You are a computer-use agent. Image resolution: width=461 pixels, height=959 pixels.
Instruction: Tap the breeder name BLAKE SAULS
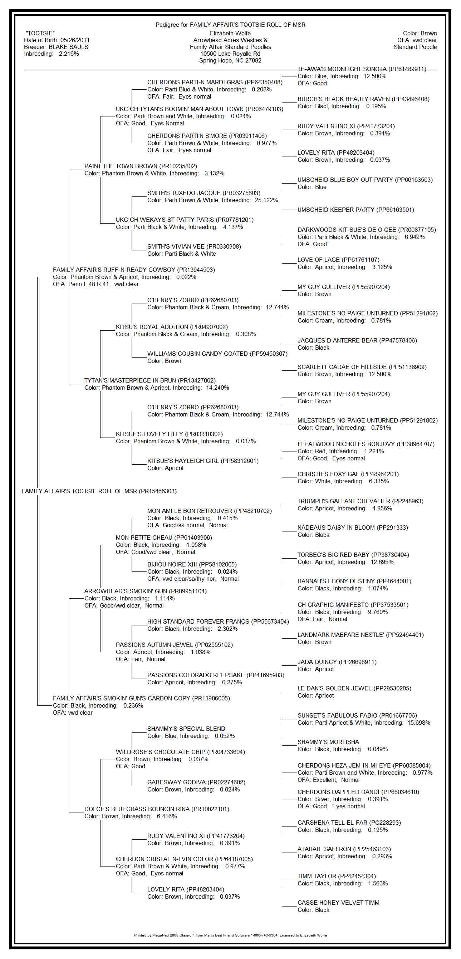point(68,47)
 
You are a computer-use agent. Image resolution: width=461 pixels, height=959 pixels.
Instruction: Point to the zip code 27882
point(254,60)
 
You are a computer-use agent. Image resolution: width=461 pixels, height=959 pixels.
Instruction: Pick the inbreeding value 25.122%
point(266,200)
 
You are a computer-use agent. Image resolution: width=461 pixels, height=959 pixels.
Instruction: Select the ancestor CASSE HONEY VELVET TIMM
point(338,903)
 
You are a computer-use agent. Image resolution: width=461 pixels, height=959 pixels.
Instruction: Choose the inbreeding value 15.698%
point(418,723)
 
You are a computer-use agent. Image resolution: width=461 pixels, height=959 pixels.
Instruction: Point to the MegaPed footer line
point(230,935)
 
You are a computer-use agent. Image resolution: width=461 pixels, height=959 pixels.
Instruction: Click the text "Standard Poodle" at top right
point(415,47)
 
